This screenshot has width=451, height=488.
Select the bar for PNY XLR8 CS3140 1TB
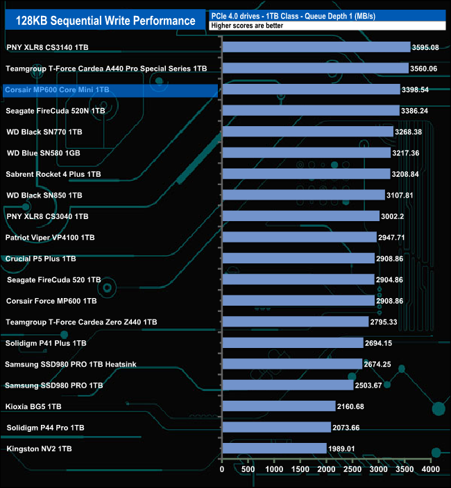tap(316, 47)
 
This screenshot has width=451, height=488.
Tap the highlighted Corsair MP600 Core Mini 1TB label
tap(57, 90)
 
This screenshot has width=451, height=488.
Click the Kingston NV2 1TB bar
tap(274, 448)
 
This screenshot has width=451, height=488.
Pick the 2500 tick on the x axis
tap(352, 470)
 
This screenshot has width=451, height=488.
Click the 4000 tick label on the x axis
tap(431, 470)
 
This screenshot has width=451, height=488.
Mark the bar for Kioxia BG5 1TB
tap(278, 406)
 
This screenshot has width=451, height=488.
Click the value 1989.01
tap(341, 449)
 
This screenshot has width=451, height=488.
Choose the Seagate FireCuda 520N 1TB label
tap(55, 111)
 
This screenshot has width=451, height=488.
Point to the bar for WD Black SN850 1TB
tap(303, 195)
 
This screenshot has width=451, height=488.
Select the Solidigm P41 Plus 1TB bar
tap(292, 343)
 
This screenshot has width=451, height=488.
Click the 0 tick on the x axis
tap(222, 470)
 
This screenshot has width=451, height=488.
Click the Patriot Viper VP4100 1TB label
tap(50, 238)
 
